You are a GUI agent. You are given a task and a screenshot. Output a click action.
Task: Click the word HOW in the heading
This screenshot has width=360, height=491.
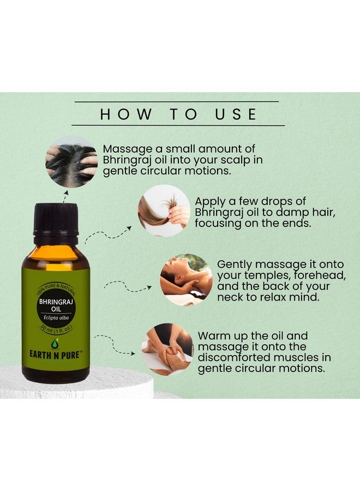pos(125,114)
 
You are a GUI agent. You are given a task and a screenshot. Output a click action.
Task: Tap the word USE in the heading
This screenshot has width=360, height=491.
pos(236,114)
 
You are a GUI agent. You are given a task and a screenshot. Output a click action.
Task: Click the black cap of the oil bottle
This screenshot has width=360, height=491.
pos(56,219)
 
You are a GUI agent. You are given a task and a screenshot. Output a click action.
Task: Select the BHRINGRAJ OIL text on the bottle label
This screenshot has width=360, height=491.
pos(56,306)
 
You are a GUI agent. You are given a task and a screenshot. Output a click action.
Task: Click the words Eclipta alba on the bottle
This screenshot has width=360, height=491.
pos(56,318)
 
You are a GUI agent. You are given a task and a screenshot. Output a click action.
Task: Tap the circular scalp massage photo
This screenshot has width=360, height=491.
pos(71,162)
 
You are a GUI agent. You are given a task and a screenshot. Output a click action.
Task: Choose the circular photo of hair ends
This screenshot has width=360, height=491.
pos(164,211)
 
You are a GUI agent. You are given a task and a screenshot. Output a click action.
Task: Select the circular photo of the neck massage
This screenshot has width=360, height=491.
pos(186,280)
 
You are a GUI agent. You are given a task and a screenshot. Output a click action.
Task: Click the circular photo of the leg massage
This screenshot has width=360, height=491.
pos(167,350)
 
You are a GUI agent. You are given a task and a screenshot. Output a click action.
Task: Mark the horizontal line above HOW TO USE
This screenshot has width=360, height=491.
pos(177,101)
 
